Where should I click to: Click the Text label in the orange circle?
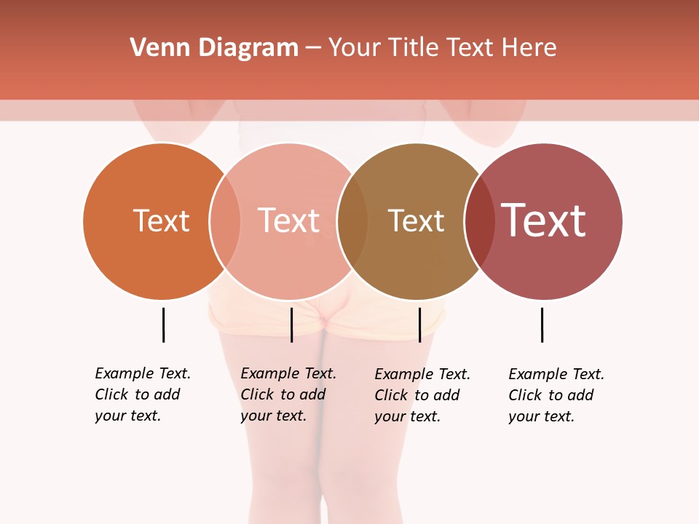(161, 221)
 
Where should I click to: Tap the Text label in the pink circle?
(288, 221)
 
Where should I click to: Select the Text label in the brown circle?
(416, 221)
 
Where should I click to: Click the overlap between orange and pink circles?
(225, 221)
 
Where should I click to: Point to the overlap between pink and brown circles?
(352, 221)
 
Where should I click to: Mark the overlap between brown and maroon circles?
(479, 221)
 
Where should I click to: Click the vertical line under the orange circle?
(163, 325)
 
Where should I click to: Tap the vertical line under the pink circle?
(291, 325)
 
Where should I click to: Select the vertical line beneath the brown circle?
(419, 325)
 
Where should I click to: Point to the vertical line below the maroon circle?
(542, 325)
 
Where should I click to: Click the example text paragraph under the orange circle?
(143, 394)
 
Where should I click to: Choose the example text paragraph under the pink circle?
(288, 394)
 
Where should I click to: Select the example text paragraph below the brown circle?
(422, 395)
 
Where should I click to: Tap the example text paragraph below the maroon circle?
(556, 395)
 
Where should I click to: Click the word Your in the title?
(355, 48)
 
